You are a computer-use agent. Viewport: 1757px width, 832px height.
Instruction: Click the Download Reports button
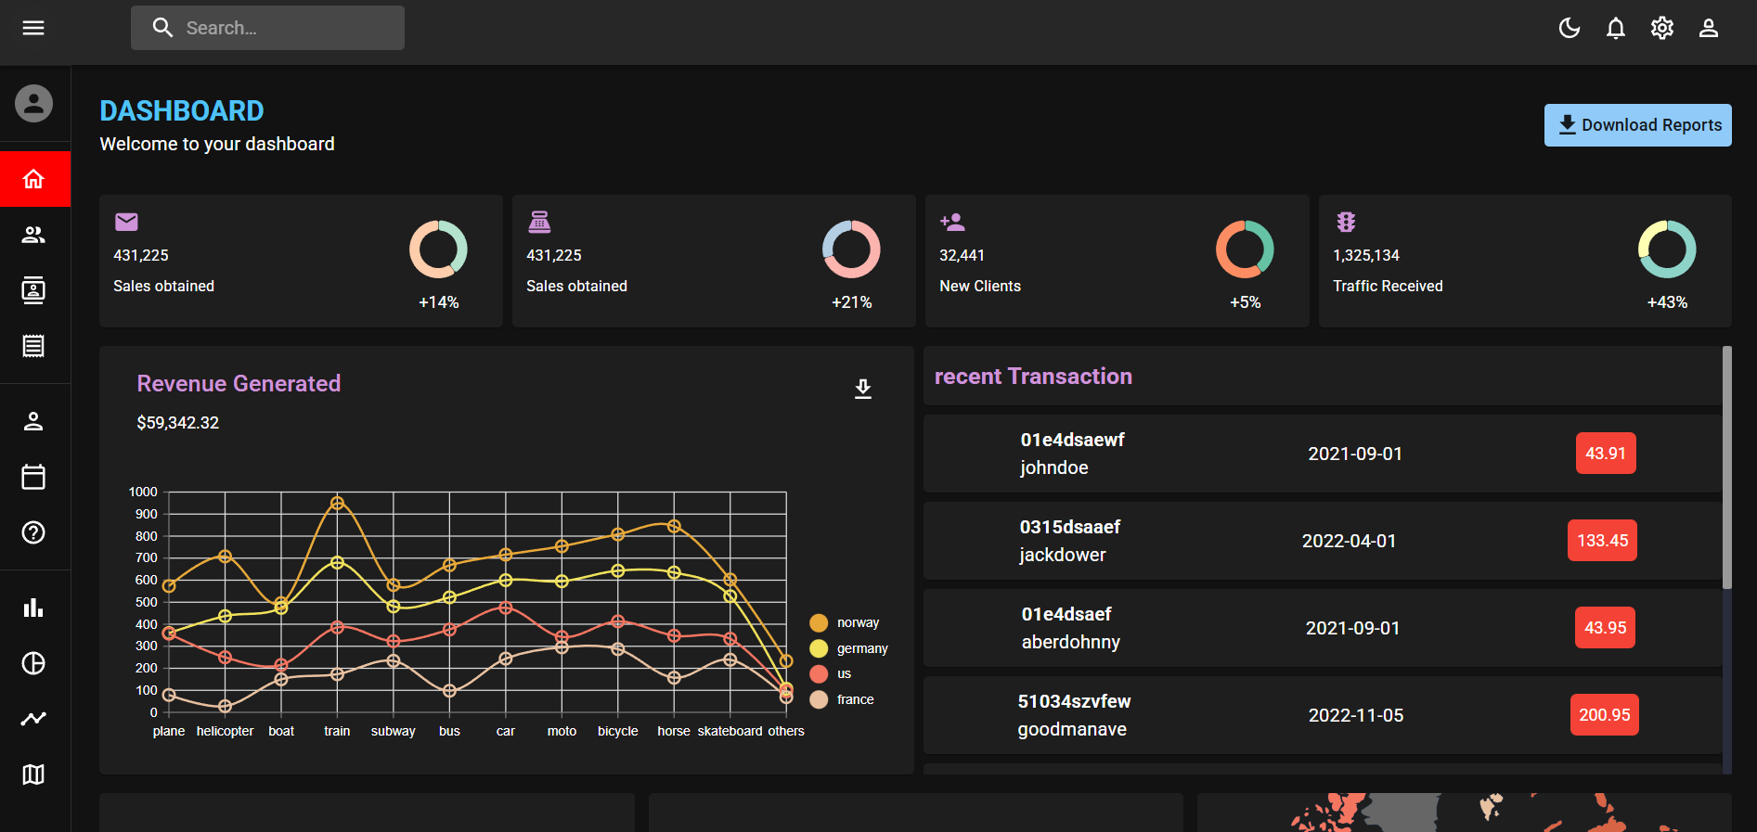[1637, 125]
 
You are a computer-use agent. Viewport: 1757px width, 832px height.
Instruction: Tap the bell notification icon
[1616, 29]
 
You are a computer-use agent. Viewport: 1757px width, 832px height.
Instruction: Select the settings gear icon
[1662, 29]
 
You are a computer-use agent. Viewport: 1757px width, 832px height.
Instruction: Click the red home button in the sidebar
[34, 179]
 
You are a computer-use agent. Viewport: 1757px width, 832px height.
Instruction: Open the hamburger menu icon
[33, 28]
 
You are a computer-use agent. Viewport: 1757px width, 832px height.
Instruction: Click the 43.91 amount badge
[1606, 454]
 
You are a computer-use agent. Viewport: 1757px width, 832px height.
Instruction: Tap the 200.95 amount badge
[1604, 715]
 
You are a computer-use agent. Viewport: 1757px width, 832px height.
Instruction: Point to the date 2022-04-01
[1349, 541]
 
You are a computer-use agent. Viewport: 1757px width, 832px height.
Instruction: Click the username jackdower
[1063, 555]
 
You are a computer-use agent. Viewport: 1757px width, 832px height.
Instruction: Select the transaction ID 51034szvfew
[1074, 701]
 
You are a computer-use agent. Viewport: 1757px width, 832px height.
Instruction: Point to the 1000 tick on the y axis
[143, 492]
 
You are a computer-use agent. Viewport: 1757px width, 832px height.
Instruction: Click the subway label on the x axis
[393, 731]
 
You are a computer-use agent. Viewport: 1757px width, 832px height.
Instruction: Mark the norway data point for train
[337, 503]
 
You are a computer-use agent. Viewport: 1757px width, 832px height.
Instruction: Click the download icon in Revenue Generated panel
[863, 389]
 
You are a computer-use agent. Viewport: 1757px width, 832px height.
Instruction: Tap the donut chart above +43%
[1667, 250]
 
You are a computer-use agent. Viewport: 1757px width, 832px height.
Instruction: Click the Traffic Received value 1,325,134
[1366, 255]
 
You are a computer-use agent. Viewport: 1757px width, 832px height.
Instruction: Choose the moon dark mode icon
[1570, 29]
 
